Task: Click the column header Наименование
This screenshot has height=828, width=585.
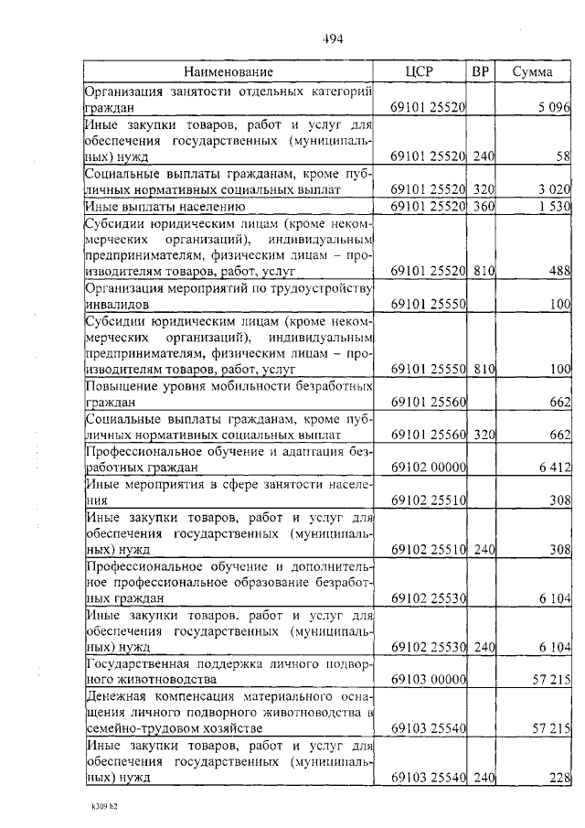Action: (x=228, y=71)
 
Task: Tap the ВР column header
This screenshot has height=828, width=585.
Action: (x=481, y=71)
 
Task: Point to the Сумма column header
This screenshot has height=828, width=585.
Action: (x=531, y=71)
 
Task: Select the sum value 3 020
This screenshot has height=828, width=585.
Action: (x=552, y=189)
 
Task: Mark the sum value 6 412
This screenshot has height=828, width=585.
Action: (x=553, y=468)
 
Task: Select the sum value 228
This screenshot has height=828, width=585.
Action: (x=558, y=778)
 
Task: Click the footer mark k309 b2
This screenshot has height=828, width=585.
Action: (x=106, y=809)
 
